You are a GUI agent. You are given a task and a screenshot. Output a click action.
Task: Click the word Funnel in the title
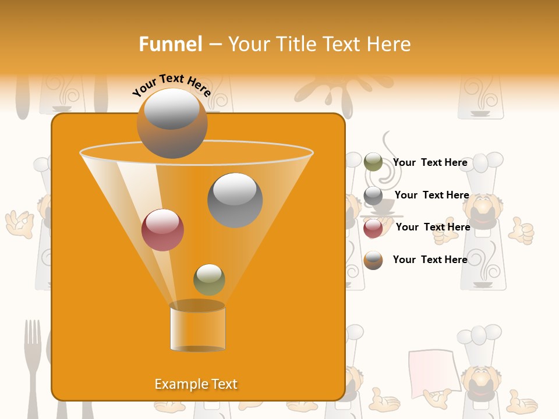coord(170,44)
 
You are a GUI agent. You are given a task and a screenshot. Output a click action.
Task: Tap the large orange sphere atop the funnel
coord(172,123)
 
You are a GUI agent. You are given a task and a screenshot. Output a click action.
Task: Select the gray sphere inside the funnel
coord(235,200)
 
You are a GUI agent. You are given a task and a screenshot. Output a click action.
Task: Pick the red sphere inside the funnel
coord(162,230)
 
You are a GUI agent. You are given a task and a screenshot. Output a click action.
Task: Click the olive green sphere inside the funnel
coord(209,280)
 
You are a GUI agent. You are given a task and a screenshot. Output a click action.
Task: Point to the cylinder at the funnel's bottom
coord(197,327)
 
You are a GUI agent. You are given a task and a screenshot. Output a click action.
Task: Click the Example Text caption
coord(196,384)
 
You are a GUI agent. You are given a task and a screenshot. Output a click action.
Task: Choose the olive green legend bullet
coord(373,162)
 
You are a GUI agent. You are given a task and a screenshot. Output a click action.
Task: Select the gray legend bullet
coord(373,196)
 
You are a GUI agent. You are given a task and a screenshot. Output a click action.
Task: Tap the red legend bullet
coord(373,228)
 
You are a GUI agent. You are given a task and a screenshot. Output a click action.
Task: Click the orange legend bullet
coord(373,260)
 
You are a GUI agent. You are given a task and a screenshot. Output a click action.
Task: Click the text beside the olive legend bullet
coord(430,162)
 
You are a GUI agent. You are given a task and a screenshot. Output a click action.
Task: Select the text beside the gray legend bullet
coord(431,195)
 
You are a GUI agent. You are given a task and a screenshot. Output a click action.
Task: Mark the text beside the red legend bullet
coord(433,227)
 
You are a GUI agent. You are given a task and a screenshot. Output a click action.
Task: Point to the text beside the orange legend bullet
coord(430,260)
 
